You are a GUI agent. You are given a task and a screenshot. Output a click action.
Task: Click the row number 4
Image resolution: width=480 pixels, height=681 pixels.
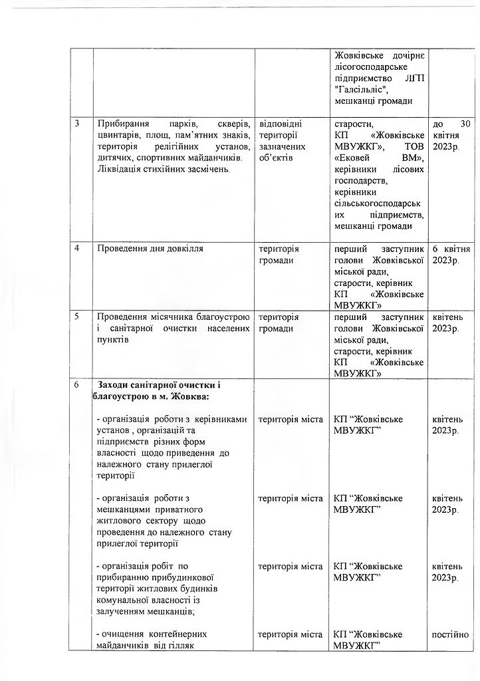[78, 249]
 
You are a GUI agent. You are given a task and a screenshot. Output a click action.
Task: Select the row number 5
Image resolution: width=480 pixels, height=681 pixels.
[78, 317]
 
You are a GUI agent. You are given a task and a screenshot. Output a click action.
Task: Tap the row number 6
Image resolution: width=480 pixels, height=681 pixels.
[78, 384]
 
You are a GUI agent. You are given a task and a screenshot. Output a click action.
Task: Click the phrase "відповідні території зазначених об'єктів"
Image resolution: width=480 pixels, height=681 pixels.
[281, 140]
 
